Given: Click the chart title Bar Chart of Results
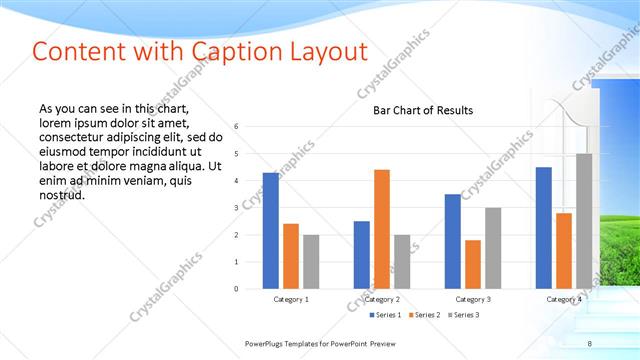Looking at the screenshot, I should coord(422,110).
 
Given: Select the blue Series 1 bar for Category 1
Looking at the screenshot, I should coord(271,230).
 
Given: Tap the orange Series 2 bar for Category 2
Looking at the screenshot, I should coord(382,229).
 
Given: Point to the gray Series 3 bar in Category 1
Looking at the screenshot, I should coord(311,261).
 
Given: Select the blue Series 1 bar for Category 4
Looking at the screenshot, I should coord(543,227).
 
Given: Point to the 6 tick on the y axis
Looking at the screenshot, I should coord(236,126).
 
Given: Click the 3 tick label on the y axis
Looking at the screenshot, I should coord(236,207).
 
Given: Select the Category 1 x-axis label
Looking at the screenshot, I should coord(291,299).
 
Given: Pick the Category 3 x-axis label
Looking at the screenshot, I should coord(472,299).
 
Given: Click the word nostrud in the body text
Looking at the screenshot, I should coord(59,194).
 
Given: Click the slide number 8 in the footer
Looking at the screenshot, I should coord(589,344).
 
